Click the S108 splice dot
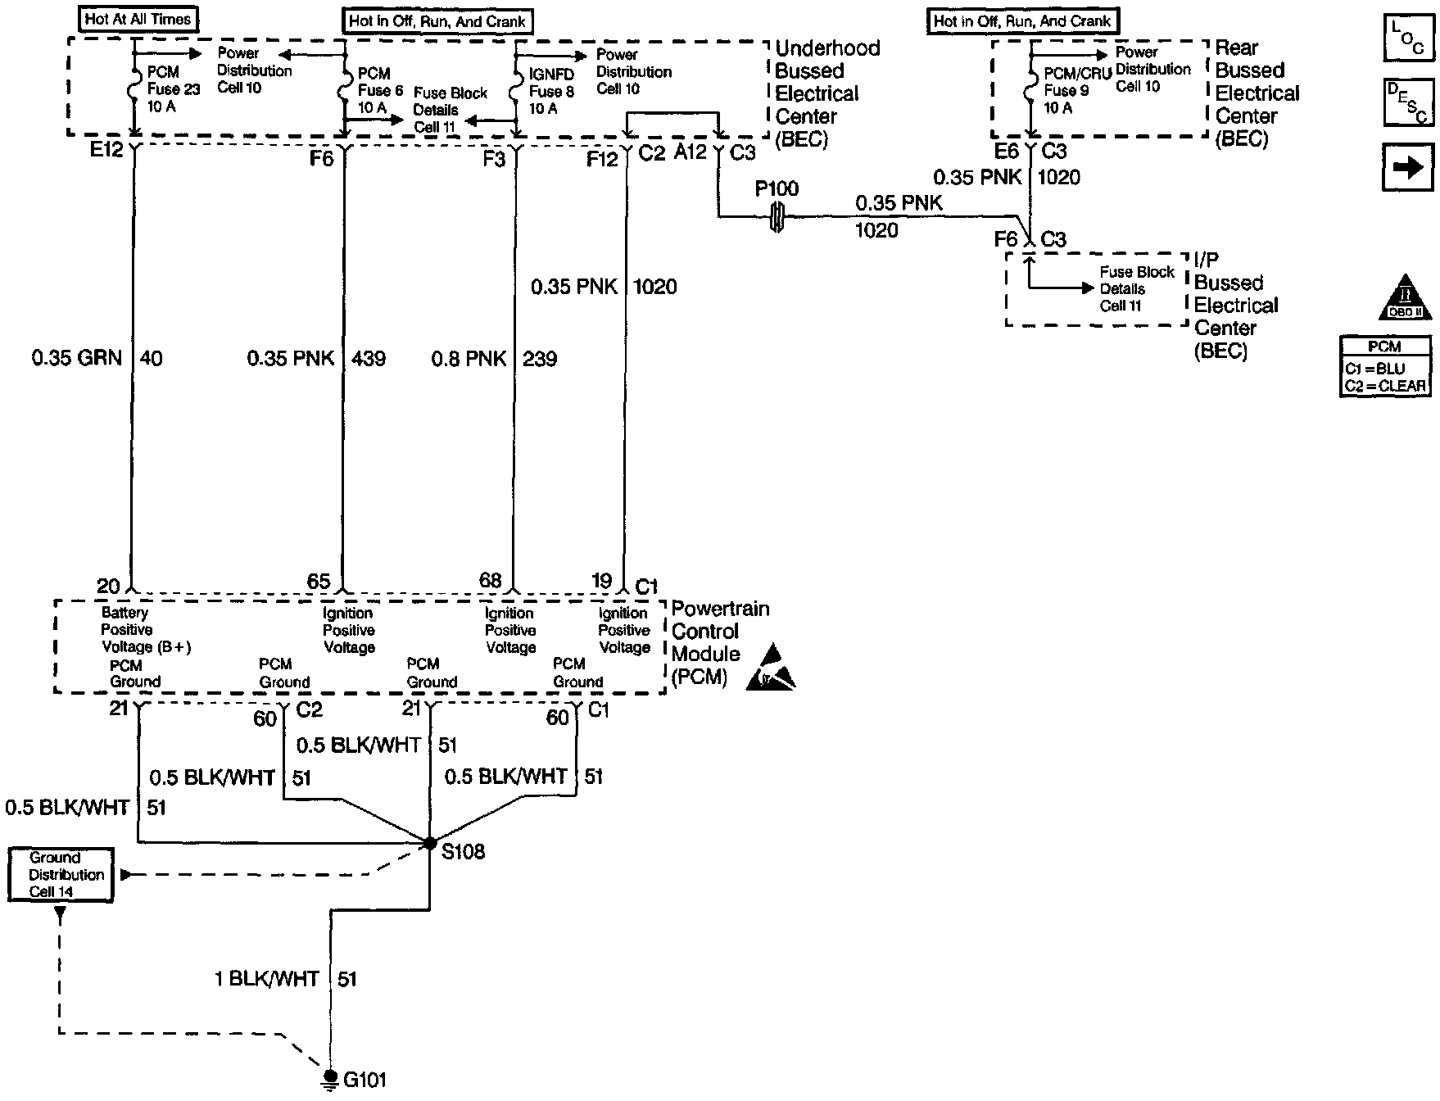click(430, 843)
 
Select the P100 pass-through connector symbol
click(777, 218)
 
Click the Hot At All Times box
click(138, 19)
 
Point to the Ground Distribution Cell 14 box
click(61, 875)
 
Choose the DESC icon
click(1408, 102)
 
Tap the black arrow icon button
click(1408, 167)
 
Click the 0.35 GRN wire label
click(77, 358)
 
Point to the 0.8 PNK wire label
click(469, 359)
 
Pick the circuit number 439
click(369, 358)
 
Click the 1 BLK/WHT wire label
click(266, 979)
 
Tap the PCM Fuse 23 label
click(173, 89)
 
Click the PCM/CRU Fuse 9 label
click(1076, 90)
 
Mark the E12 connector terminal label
click(106, 150)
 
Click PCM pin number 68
click(490, 581)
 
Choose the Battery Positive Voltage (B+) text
click(146, 630)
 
